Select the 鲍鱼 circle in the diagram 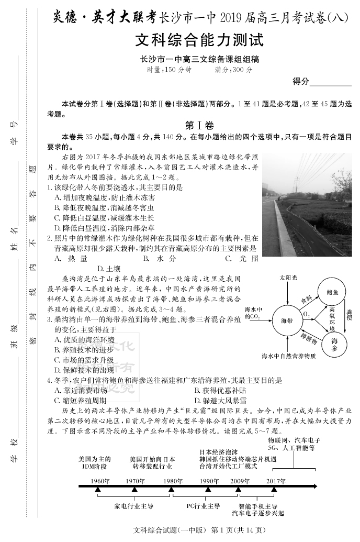(332, 292)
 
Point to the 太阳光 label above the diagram (287, 277)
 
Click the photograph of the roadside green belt (307, 205)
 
